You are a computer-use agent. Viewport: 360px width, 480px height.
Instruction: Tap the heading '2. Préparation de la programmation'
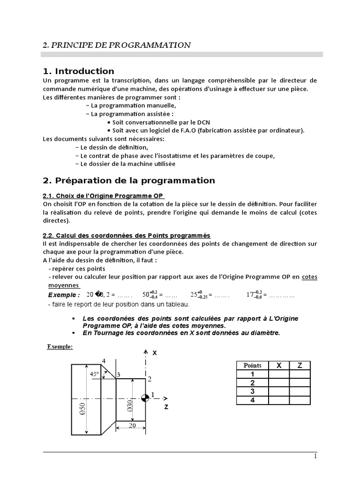[129, 180]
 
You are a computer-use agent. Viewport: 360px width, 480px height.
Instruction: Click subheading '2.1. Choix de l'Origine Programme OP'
[104, 195]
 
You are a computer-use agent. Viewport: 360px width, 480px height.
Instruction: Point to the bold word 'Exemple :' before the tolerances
[64, 295]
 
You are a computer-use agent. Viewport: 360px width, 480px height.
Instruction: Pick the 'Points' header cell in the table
[253, 366]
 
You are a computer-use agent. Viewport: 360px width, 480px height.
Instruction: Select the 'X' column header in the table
[279, 366]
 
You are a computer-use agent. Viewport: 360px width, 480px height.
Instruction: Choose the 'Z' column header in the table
[300, 366]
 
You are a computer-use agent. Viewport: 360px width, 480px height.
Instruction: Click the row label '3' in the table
[253, 391]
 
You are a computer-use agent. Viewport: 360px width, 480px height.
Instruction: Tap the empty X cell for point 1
[279, 374]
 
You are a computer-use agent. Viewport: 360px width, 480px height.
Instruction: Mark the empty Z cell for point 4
[300, 400]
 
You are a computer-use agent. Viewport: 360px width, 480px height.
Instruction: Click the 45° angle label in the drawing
[95, 374]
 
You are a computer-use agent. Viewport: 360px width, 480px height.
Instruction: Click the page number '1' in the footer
[315, 457]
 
